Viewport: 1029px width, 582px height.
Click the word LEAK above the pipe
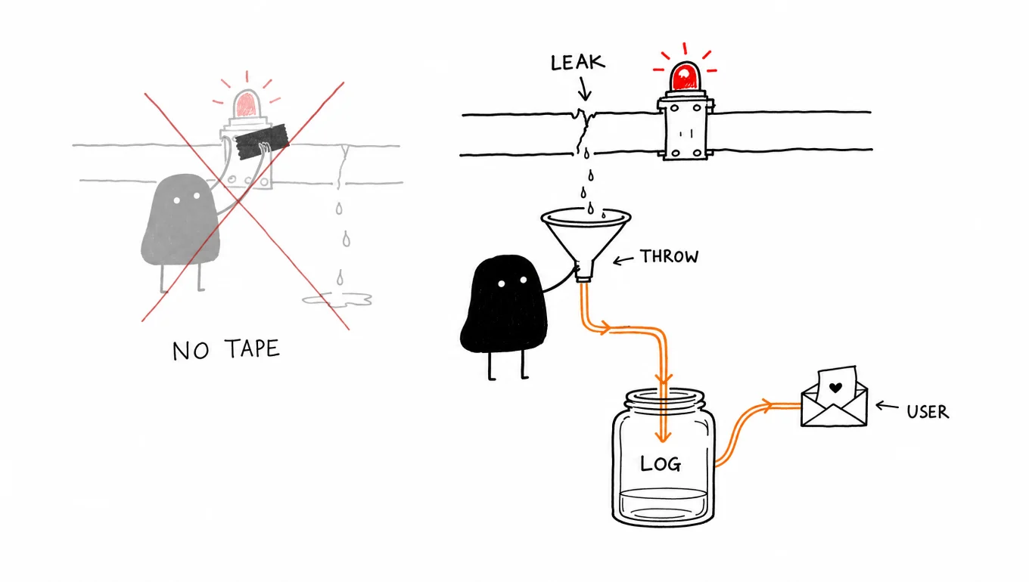click(578, 63)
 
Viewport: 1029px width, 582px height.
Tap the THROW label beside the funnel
click(670, 256)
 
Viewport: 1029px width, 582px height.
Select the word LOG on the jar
click(661, 463)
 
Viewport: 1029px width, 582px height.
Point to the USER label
click(928, 412)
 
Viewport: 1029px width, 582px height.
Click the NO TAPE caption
click(226, 350)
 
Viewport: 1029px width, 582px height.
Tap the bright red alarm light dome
click(685, 76)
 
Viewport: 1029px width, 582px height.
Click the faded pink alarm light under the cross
click(247, 104)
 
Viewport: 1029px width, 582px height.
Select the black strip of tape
click(262, 141)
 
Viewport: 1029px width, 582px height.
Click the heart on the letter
click(835, 388)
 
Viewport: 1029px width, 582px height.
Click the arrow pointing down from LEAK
click(584, 88)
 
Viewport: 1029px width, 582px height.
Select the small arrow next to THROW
click(623, 261)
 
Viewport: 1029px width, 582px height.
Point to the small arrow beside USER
click(887, 406)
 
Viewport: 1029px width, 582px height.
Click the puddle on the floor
click(337, 300)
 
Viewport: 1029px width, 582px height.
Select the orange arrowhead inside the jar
click(663, 435)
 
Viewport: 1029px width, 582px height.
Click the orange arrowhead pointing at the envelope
click(766, 405)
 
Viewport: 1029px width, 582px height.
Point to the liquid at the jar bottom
click(663, 505)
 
